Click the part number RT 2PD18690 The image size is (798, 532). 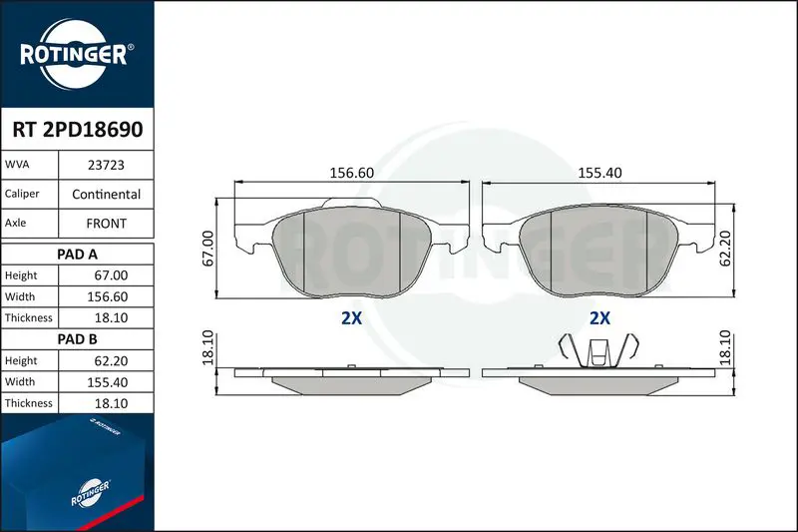pyautogui.click(x=78, y=130)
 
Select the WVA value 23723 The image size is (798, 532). pyautogui.click(x=106, y=165)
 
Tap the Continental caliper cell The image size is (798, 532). pyautogui.click(x=106, y=194)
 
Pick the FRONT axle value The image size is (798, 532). pyautogui.click(x=106, y=224)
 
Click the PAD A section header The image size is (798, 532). pyautogui.click(x=78, y=255)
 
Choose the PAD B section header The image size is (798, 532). pyautogui.click(x=78, y=339)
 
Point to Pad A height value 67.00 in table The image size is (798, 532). pyautogui.click(x=111, y=275)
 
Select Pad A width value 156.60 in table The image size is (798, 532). pyautogui.click(x=108, y=296)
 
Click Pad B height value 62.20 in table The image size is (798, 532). pyautogui.click(x=111, y=361)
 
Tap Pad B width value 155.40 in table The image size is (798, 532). pyautogui.click(x=108, y=382)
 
